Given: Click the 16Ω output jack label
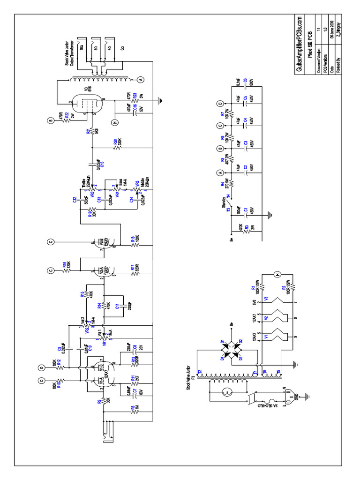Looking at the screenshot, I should [x=81, y=47].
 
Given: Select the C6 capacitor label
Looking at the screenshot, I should [x=252, y=81].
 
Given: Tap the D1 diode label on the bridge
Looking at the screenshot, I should [x=223, y=338].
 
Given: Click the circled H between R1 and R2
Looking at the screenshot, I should [x=277, y=274].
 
